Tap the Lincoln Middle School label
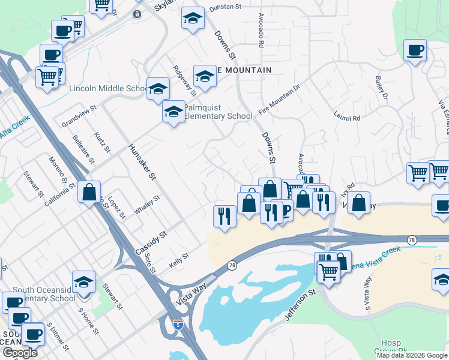click(108, 89)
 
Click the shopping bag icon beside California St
click(89, 193)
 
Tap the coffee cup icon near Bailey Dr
click(415, 49)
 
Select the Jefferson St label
click(300, 304)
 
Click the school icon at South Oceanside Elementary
click(83, 282)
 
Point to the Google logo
click(20, 353)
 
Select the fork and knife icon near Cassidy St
click(224, 215)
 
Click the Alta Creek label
click(13, 128)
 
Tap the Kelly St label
click(179, 259)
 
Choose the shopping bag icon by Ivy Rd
click(358, 202)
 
